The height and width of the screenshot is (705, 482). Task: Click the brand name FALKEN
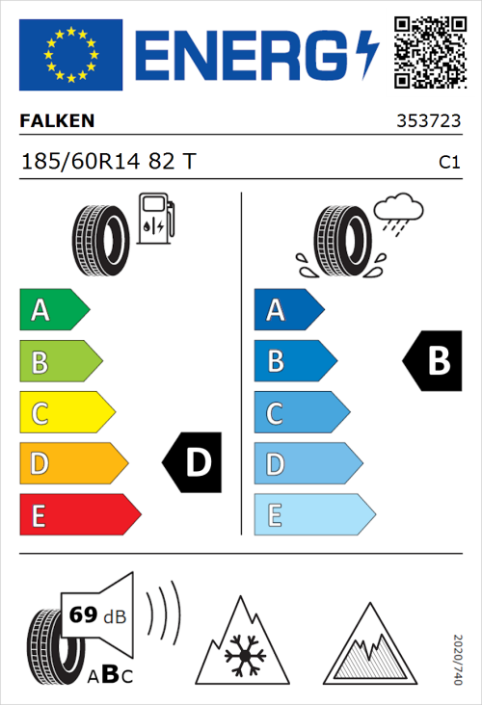pyautogui.click(x=58, y=122)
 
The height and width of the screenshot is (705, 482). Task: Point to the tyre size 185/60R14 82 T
pyautogui.click(x=108, y=163)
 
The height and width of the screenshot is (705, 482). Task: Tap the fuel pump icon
pyautogui.click(x=154, y=218)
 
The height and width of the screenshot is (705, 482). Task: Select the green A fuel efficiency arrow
pyautogui.click(x=53, y=310)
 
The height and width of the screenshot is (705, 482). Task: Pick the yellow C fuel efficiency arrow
pyautogui.click(x=66, y=413)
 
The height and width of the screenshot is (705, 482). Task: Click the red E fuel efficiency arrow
pyautogui.click(x=79, y=515)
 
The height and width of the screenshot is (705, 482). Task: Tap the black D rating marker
pyautogui.click(x=193, y=463)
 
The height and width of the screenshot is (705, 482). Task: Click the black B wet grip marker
pyautogui.click(x=434, y=361)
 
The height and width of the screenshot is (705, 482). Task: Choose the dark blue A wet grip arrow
pyautogui.click(x=287, y=310)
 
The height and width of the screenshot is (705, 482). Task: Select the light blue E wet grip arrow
pyautogui.click(x=313, y=515)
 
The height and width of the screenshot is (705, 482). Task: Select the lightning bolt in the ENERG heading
pyautogui.click(x=367, y=54)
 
